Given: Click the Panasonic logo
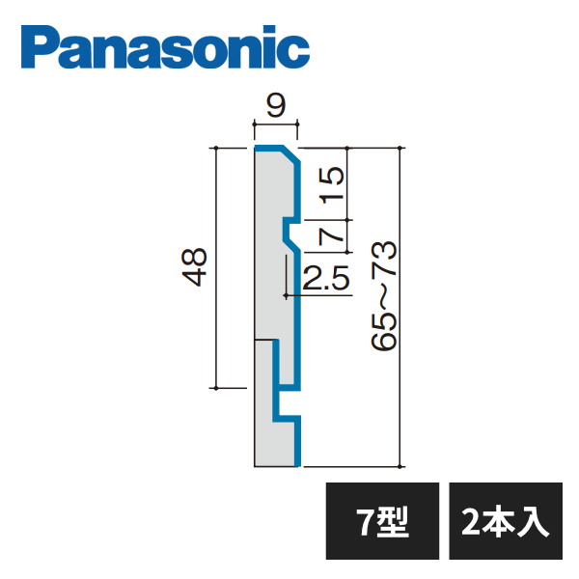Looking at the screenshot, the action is [x=165, y=47].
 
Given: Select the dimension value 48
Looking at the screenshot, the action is [x=194, y=267].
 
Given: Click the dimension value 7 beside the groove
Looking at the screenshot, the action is [x=331, y=236].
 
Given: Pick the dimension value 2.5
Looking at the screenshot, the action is [x=326, y=277].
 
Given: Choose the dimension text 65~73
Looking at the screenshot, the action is [x=384, y=296].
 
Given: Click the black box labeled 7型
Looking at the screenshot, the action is [x=382, y=521].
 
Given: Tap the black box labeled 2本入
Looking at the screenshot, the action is [x=506, y=521].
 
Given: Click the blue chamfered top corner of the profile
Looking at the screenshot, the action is [x=291, y=155].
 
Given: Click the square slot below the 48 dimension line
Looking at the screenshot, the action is [x=287, y=403].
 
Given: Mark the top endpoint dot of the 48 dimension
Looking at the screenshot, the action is [x=216, y=148].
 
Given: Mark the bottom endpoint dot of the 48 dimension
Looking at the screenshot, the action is [x=216, y=388].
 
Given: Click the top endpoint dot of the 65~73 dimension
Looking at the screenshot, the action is [x=400, y=148].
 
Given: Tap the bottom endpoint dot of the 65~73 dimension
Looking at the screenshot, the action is [x=400, y=467].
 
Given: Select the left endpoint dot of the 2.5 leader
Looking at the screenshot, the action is [x=286, y=295].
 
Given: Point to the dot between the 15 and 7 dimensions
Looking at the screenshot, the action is [x=347, y=220].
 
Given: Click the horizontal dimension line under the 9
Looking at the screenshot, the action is [x=276, y=124].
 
